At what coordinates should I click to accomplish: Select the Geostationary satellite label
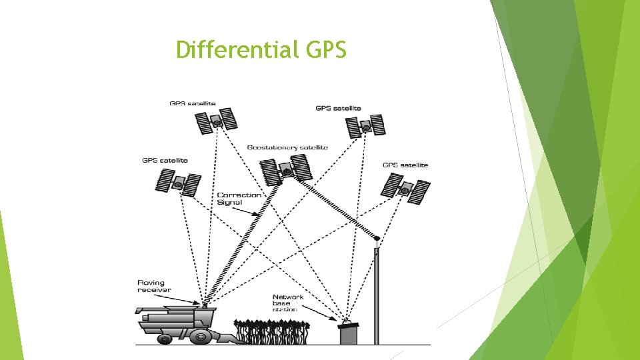(287, 147)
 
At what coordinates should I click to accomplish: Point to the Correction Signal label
(239, 199)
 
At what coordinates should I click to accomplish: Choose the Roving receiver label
(154, 286)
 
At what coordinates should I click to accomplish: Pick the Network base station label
(288, 303)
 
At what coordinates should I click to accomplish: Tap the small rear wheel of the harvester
(164, 339)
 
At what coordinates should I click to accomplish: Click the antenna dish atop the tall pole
(377, 238)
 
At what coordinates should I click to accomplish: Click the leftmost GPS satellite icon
(179, 182)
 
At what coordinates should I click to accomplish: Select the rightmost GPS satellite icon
(405, 189)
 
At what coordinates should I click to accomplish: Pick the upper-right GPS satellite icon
(365, 125)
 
